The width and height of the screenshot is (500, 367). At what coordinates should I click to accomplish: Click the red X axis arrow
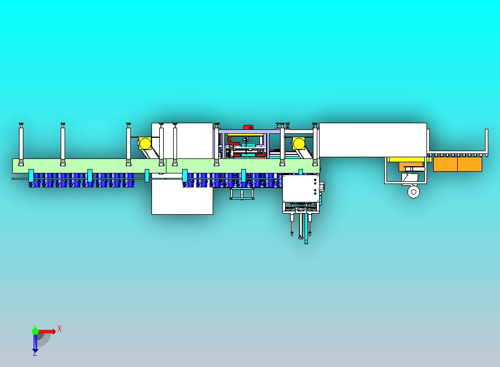pos(47,331)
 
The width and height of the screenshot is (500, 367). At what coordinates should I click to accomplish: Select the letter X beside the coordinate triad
pos(60,329)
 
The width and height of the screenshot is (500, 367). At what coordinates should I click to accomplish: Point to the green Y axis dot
pos(35,331)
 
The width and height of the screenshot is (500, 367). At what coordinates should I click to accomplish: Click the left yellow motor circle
pos(145,143)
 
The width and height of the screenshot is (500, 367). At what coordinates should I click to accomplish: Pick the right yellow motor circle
pos(299,143)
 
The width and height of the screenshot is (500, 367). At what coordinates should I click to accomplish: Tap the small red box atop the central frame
pos(248,127)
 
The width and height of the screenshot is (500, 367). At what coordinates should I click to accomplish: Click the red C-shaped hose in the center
pos(232,140)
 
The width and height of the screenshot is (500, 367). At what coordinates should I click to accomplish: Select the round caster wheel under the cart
pos(414,192)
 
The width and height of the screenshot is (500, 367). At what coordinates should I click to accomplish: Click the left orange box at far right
pos(445,164)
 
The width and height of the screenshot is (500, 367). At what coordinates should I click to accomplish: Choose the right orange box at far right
pos(470,164)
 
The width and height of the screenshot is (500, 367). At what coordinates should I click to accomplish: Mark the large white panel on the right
pos(372,140)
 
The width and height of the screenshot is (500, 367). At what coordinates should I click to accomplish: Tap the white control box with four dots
pos(301,188)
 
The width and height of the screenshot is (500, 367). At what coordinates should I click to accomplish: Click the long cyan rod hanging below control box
pos(306,228)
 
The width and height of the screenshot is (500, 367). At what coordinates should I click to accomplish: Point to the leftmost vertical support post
pos(21,144)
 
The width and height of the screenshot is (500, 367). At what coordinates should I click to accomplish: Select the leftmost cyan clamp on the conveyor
pos(31,176)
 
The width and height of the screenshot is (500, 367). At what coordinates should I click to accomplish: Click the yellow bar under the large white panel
pos(406,160)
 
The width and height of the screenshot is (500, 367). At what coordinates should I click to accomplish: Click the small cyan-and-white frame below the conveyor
pos(242,194)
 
